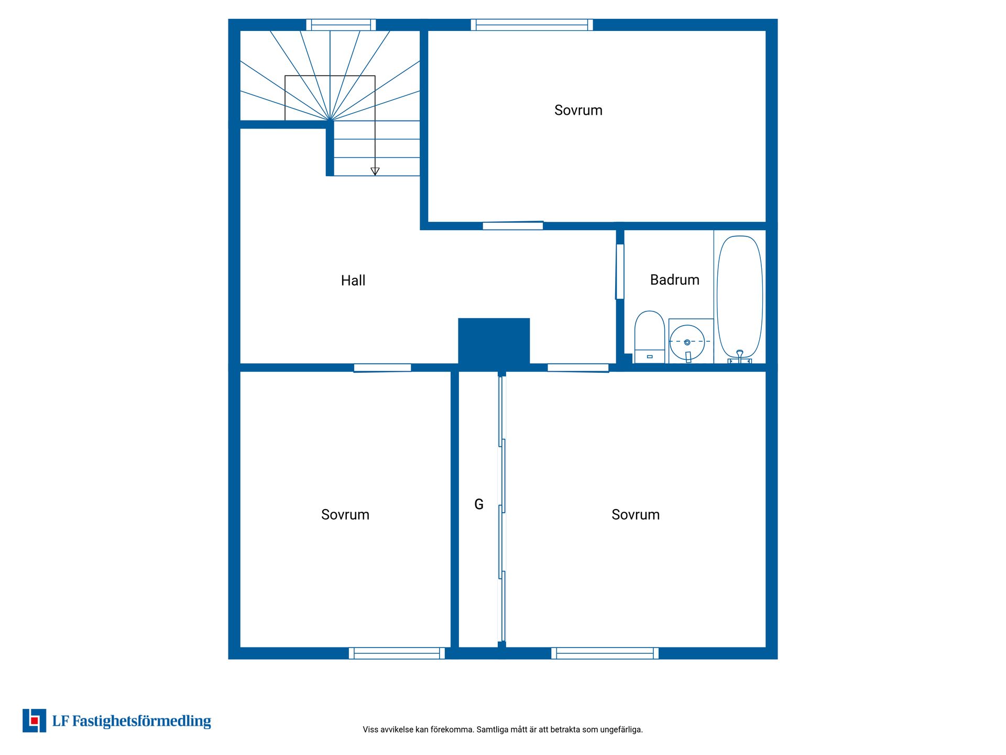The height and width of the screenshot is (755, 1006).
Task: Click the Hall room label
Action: (x=353, y=281)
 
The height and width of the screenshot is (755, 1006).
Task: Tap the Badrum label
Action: (x=674, y=280)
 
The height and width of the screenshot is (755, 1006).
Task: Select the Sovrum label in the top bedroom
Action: (x=578, y=110)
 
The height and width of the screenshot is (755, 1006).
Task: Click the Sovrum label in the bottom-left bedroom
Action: (x=345, y=514)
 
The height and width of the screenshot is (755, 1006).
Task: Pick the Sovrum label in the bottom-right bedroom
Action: (x=636, y=514)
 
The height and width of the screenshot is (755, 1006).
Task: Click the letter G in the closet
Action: (x=479, y=504)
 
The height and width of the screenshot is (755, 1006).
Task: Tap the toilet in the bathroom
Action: (x=650, y=337)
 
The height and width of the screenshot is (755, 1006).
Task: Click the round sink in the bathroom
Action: (x=687, y=342)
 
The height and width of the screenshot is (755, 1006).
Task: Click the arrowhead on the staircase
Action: (x=375, y=171)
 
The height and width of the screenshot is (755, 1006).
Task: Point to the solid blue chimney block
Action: (x=494, y=341)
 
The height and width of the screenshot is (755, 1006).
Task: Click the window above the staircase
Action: (x=341, y=25)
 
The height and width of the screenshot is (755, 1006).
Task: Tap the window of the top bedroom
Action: (x=532, y=25)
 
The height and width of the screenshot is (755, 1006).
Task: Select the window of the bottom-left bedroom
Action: (x=397, y=653)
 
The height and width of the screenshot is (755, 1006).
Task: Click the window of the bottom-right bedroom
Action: (x=605, y=653)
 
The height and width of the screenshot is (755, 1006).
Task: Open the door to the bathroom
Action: (x=620, y=272)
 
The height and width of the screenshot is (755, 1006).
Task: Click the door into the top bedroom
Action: (x=512, y=226)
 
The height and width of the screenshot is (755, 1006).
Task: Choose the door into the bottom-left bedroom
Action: (x=382, y=368)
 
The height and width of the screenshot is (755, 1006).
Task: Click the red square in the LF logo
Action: (x=35, y=721)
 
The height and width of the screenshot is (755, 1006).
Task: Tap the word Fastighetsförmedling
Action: (x=141, y=721)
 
